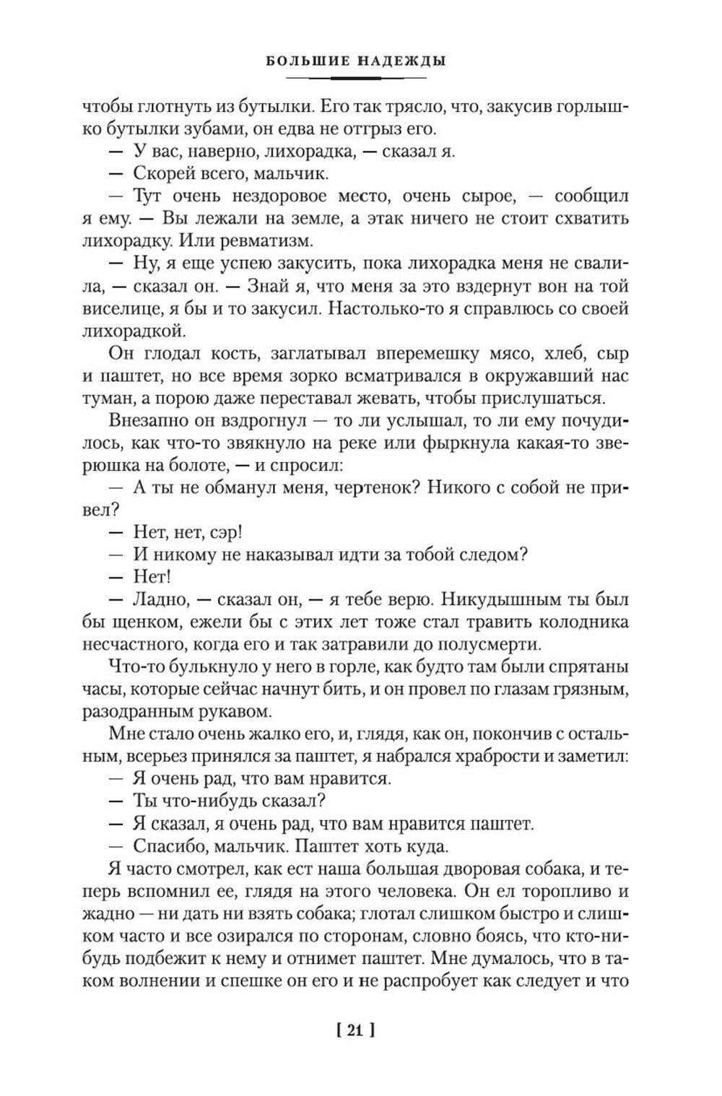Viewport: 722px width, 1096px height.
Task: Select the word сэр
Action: click(225, 533)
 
